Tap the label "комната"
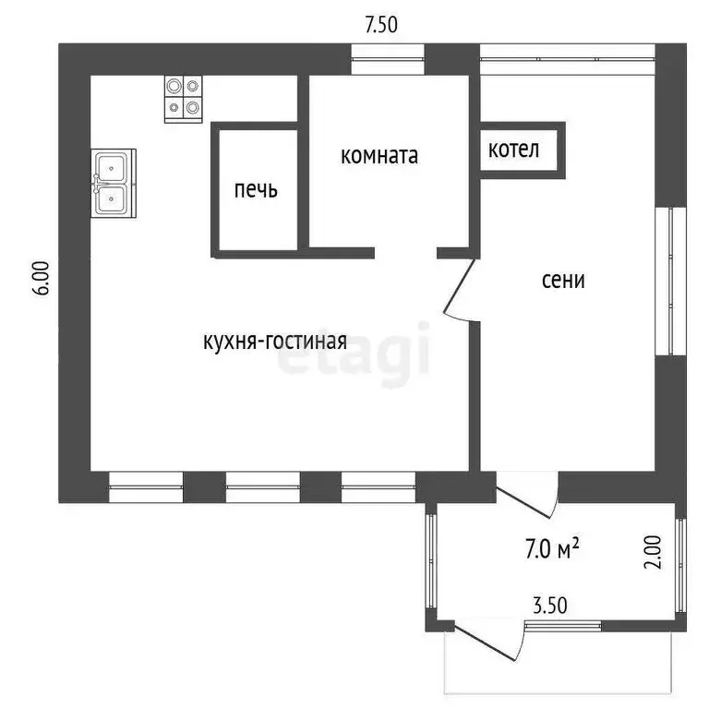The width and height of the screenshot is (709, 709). pyautogui.click(x=379, y=155)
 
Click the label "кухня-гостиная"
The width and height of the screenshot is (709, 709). pyautogui.click(x=275, y=342)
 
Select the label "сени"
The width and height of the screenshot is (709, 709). pyautogui.click(x=563, y=280)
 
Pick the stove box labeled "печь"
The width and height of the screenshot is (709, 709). pyautogui.click(x=256, y=190)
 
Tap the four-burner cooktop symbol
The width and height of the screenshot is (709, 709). pyautogui.click(x=183, y=99)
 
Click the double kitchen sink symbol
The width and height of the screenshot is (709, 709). pyautogui.click(x=114, y=183)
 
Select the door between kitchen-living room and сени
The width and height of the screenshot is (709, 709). pyautogui.click(x=460, y=288)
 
